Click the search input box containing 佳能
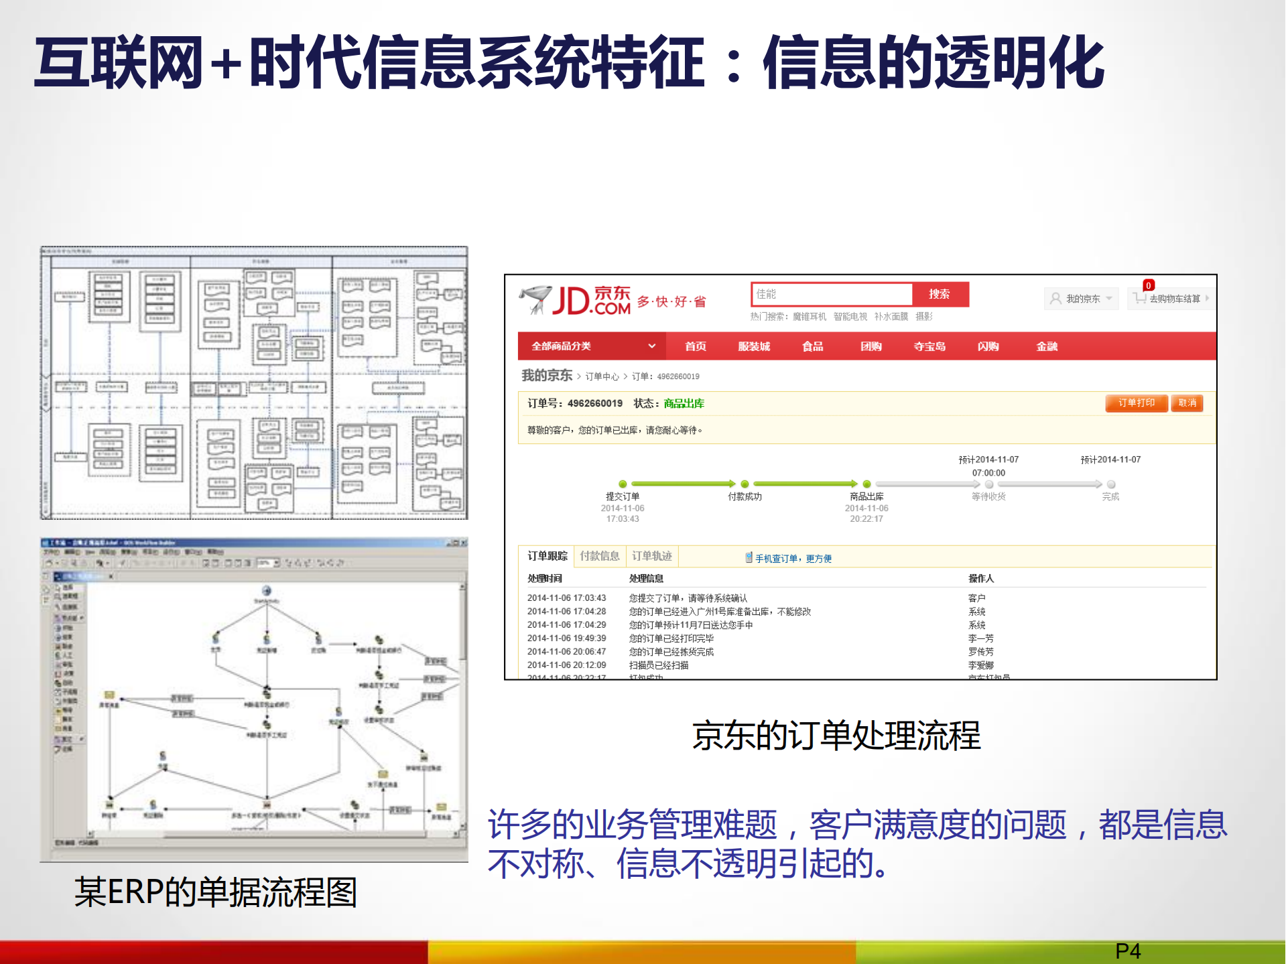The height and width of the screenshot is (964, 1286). [x=831, y=294]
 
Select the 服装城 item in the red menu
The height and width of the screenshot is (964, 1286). [x=754, y=346]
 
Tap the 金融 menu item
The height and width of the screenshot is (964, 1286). [x=1046, y=346]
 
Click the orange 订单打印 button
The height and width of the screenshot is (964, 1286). [x=1136, y=403]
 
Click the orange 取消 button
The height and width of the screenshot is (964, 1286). [x=1187, y=403]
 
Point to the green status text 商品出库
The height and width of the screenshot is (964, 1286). [x=684, y=403]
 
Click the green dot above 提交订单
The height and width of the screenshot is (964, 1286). [x=623, y=484]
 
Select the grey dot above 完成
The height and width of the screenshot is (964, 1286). [x=1110, y=484]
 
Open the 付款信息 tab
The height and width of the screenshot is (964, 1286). [x=599, y=556]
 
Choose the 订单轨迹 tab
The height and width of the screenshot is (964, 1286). [x=651, y=556]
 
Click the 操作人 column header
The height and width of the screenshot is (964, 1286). [x=980, y=578]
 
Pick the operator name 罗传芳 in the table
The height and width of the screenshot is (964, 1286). [x=980, y=651]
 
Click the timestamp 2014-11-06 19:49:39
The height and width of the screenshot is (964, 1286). [x=566, y=638]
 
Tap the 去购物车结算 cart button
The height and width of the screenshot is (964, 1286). [x=1170, y=299]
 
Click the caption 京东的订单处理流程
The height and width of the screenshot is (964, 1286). [x=836, y=735]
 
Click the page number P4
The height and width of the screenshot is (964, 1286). [x=1128, y=951]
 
